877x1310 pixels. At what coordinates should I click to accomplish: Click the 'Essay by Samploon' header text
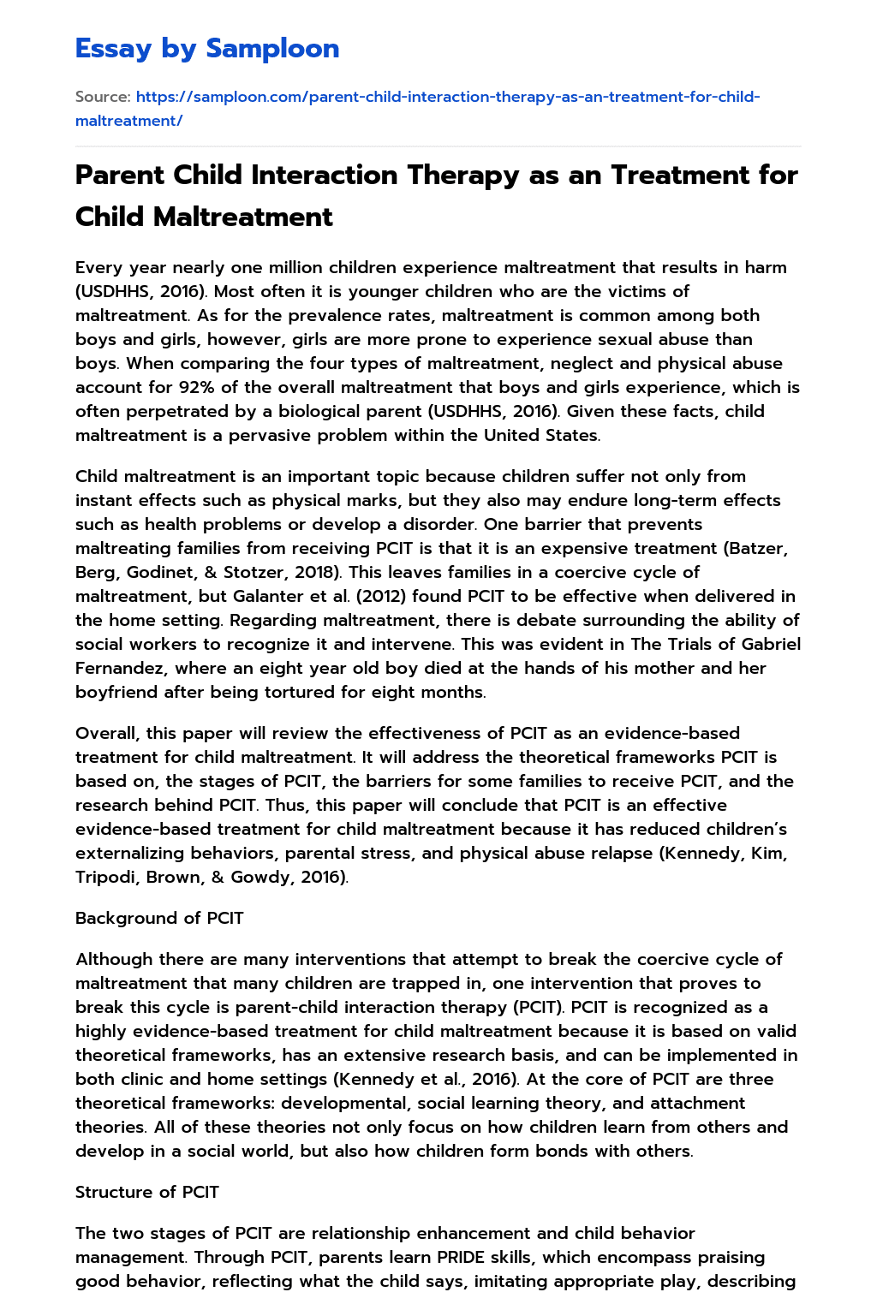pyautogui.click(x=207, y=49)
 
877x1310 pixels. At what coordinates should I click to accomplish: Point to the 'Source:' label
pyautogui.click(x=103, y=97)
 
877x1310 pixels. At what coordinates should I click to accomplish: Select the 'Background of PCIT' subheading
pyautogui.click(x=159, y=918)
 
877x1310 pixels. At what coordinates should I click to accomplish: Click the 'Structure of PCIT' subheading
pyautogui.click(x=146, y=1192)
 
